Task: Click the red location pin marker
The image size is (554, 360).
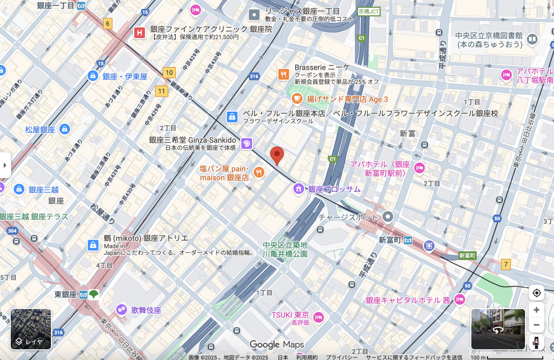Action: (277, 155)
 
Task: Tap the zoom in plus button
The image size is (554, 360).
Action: (536, 310)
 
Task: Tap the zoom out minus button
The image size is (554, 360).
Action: (536, 325)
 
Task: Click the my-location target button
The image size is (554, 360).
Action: (536, 293)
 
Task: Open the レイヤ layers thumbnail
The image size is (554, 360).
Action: (31, 329)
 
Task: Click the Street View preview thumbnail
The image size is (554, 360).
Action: (498, 329)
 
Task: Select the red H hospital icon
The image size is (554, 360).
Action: (139, 32)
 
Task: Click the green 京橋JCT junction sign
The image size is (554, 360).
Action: (369, 12)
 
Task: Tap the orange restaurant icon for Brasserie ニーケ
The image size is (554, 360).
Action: (283, 74)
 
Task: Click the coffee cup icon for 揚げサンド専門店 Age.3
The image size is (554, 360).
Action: (297, 99)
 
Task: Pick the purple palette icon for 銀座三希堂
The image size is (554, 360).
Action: (246, 144)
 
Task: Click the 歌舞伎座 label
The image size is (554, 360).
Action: (146, 310)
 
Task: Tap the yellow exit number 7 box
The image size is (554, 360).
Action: (506, 264)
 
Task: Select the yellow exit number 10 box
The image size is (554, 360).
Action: (169, 73)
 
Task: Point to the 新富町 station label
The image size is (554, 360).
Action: (390, 240)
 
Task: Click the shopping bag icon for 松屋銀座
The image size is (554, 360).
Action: (64, 129)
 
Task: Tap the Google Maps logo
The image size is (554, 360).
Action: (277, 345)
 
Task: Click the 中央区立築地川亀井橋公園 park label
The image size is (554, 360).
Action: (285, 250)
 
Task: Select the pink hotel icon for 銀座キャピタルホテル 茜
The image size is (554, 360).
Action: (459, 299)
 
